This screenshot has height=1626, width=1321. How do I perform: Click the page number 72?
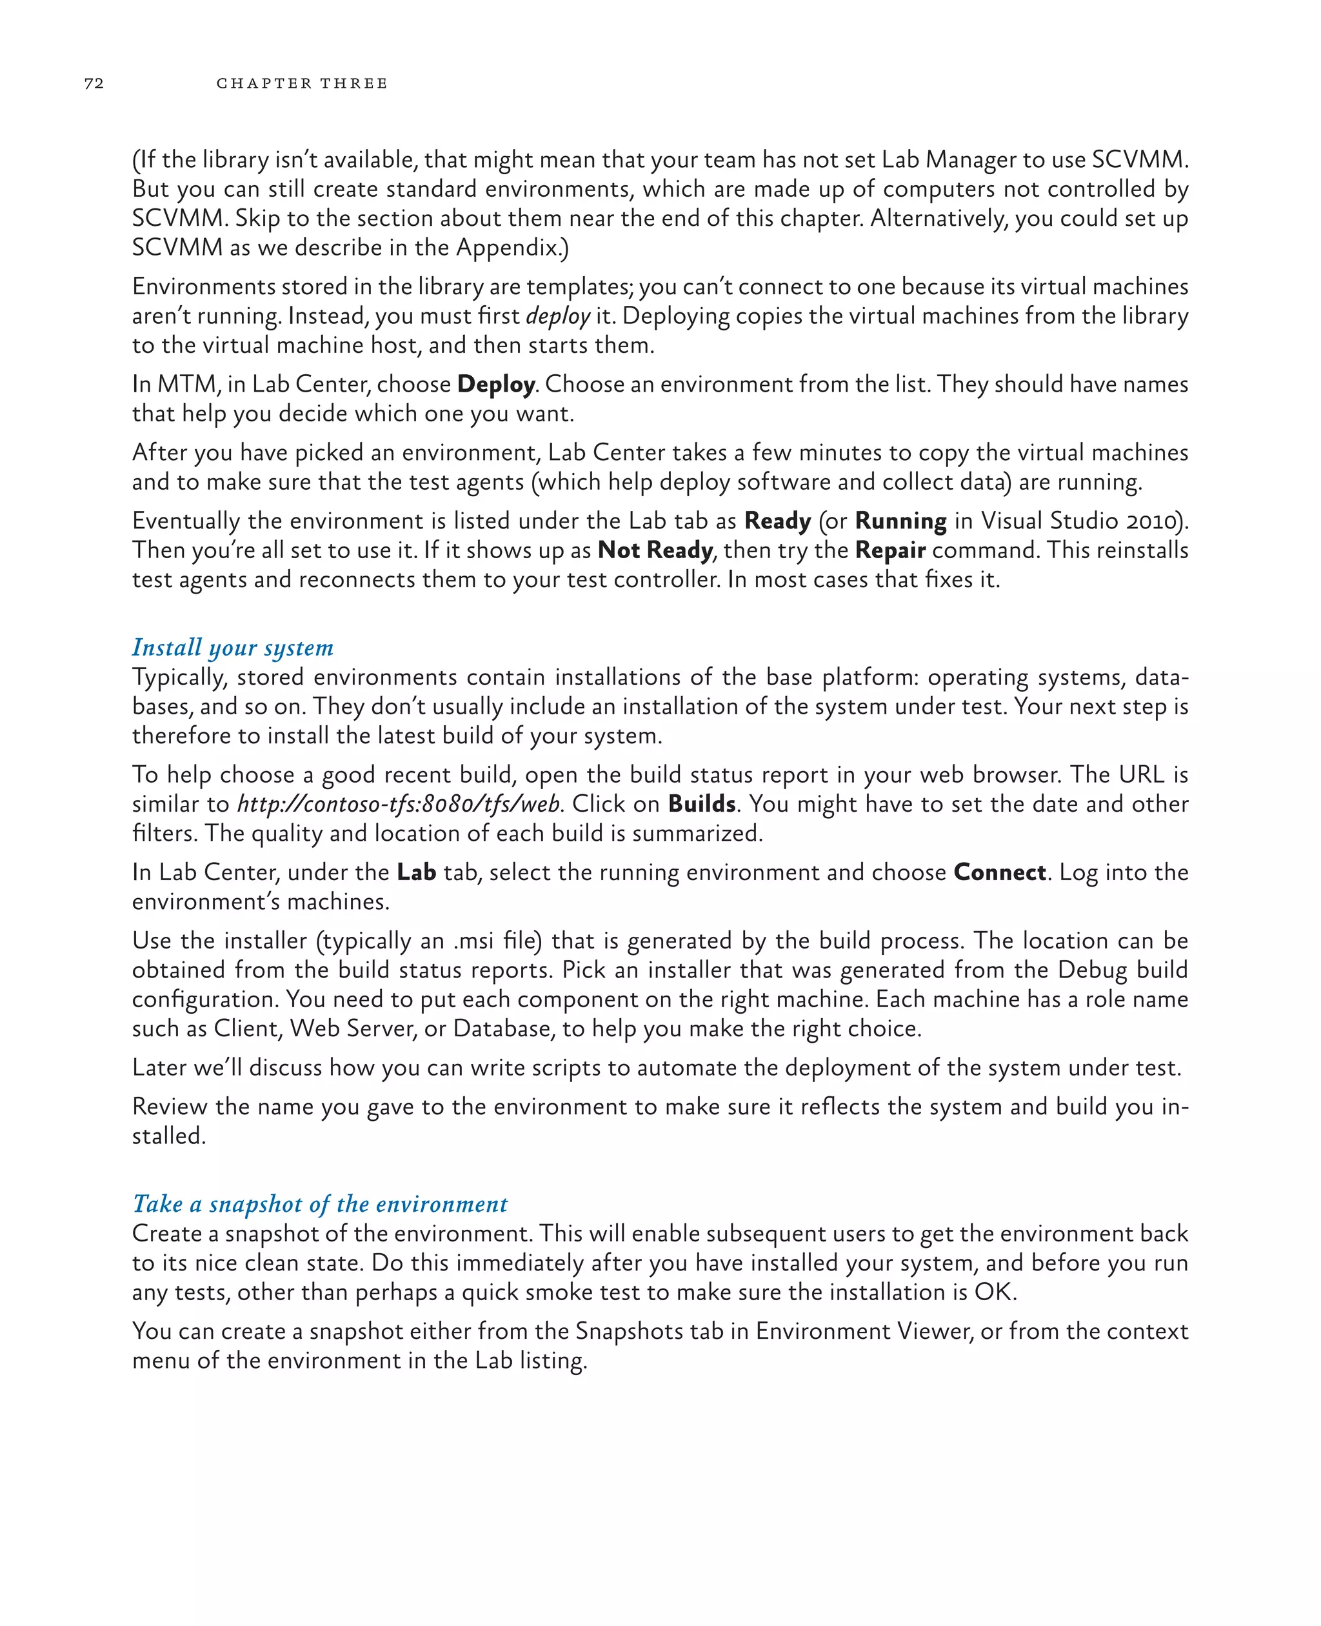[x=94, y=83]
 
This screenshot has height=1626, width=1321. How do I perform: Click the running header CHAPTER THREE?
[x=301, y=83]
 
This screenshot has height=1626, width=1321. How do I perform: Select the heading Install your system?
[x=232, y=647]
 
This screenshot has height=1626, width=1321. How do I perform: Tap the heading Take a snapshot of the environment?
[x=319, y=1203]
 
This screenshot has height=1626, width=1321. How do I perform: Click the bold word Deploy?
[x=495, y=385]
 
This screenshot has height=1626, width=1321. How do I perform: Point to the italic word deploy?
[x=558, y=316]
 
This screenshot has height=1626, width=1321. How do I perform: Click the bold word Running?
[x=900, y=521]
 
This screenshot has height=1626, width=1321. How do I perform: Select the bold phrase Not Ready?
[x=655, y=550]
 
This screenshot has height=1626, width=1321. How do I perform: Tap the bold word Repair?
[x=889, y=550]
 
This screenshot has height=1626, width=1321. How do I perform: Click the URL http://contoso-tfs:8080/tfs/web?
[x=399, y=804]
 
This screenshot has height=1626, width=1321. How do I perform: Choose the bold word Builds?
[x=702, y=804]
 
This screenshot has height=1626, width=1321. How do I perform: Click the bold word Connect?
[x=999, y=872]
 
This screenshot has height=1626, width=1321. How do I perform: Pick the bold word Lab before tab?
[x=416, y=872]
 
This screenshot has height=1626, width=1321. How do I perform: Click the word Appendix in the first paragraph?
[x=508, y=247]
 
